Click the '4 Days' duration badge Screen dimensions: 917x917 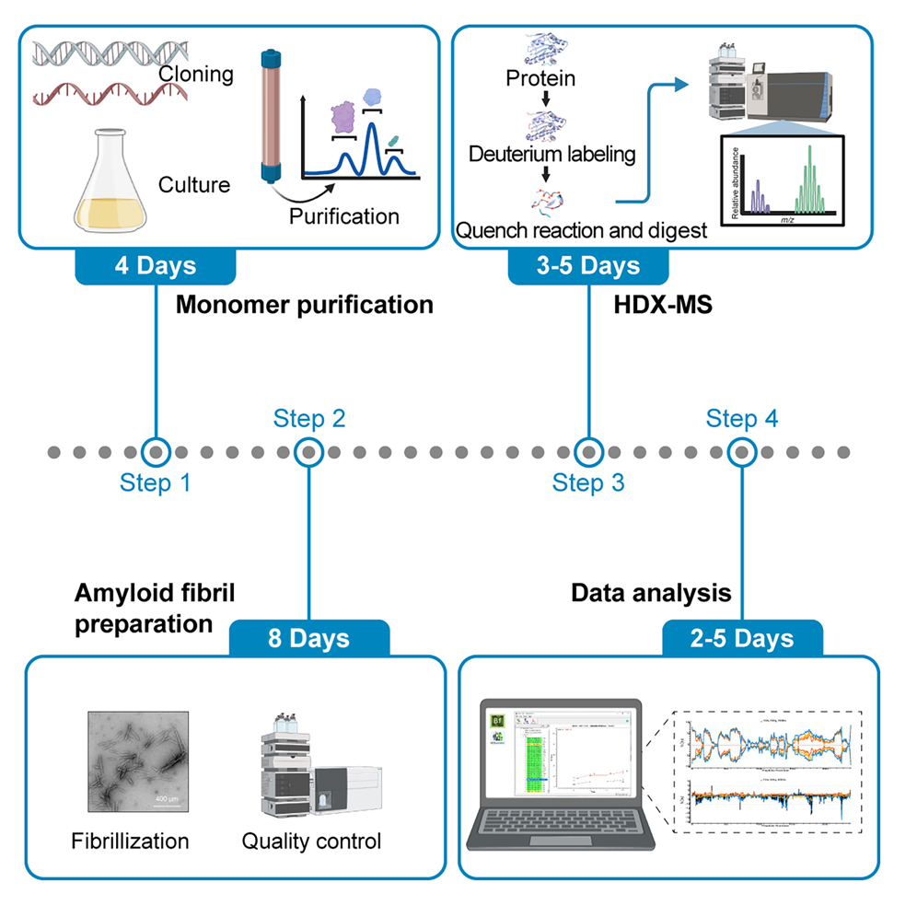click(x=156, y=266)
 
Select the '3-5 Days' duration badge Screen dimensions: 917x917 click(x=587, y=266)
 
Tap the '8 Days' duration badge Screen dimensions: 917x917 click(x=308, y=638)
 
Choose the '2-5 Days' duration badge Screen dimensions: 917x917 click(x=741, y=638)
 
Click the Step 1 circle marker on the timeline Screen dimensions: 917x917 click(x=156, y=452)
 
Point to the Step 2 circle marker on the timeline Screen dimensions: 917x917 click(x=309, y=452)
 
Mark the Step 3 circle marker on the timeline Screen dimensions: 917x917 click(x=587, y=452)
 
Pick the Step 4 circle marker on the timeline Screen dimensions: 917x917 click(x=741, y=452)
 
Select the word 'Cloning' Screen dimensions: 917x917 click(x=194, y=75)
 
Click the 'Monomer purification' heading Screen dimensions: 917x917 click(x=304, y=305)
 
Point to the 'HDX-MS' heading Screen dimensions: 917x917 click(x=650, y=305)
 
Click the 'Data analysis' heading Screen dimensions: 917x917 click(x=651, y=593)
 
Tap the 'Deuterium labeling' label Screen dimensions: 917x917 click(x=552, y=154)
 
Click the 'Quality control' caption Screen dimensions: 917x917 click(x=311, y=841)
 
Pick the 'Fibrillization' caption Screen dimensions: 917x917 click(x=130, y=841)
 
